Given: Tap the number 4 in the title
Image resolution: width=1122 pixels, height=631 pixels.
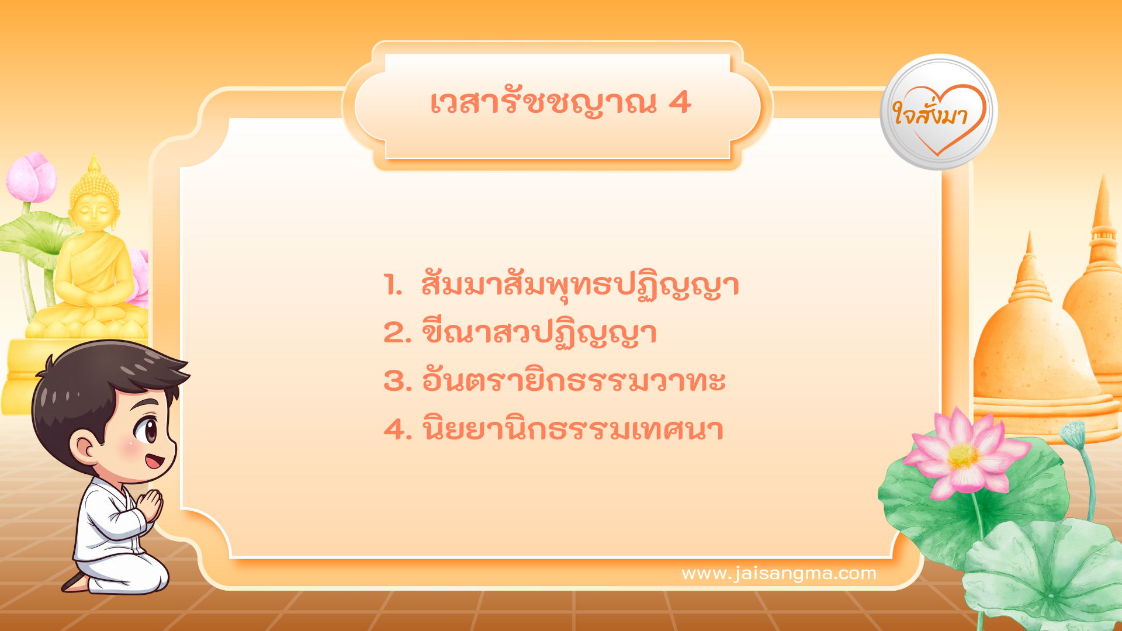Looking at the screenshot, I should (680, 103).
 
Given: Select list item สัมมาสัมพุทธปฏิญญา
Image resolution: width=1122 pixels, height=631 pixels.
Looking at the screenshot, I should (580, 285).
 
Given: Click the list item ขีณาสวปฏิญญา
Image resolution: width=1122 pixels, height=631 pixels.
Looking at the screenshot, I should (539, 334).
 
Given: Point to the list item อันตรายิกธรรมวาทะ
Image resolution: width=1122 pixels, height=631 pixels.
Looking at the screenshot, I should (573, 381).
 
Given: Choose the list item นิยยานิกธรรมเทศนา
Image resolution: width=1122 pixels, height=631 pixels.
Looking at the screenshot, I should (573, 429).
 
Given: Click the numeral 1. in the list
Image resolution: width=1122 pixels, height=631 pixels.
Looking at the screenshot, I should (393, 285).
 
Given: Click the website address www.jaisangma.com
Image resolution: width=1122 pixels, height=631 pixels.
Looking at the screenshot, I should (778, 573).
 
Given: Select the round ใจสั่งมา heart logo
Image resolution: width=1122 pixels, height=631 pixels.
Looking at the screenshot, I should (939, 112).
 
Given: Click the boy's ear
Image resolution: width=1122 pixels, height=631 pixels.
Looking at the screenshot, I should (85, 447).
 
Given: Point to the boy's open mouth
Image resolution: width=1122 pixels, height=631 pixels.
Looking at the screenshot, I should (154, 462).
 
